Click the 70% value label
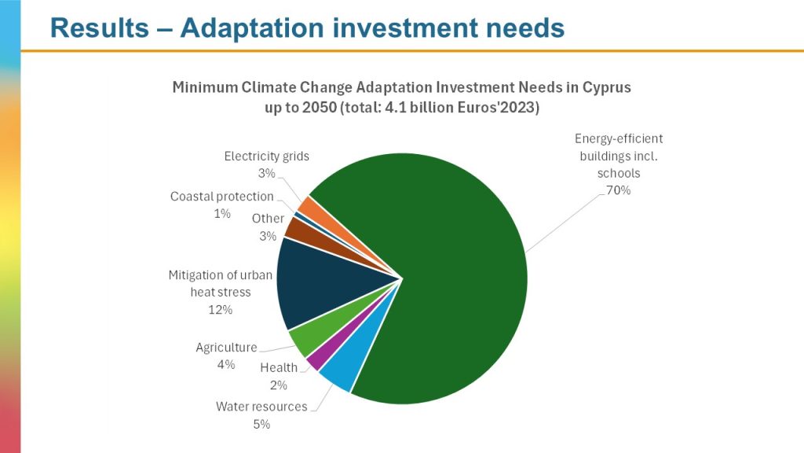[617, 190]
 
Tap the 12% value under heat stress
[221, 310]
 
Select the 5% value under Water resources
[261, 424]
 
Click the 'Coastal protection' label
[222, 197]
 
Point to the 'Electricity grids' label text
[267, 156]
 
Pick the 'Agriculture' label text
[226, 347]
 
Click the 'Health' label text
[279, 367]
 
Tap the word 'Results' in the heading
[99, 28]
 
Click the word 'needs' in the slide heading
[526, 28]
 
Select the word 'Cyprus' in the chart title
[606, 87]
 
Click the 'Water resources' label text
[261, 407]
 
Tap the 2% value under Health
[279, 385]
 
